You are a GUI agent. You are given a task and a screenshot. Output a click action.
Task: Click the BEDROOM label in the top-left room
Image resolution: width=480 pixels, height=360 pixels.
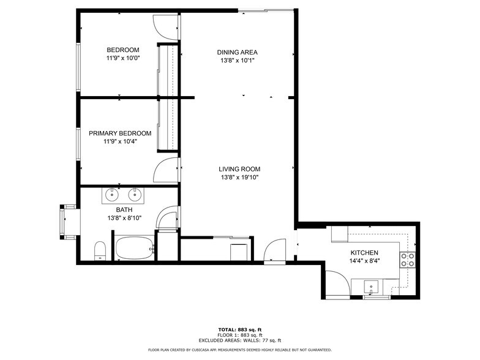coord(122,50)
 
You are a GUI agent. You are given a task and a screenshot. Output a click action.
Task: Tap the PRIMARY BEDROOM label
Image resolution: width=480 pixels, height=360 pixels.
coord(119,133)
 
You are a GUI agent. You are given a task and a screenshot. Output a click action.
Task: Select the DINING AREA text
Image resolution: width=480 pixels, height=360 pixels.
coord(237,52)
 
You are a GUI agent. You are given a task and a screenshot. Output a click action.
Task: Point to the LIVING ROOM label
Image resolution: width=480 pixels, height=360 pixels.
coord(239,170)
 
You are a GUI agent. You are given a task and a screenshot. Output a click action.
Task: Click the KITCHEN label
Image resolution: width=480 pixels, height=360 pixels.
coord(364,253)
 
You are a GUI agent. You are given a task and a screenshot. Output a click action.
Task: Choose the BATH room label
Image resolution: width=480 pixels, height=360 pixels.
coord(116,209)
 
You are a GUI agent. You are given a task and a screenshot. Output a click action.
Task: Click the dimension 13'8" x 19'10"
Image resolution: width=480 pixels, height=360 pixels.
coord(239,178)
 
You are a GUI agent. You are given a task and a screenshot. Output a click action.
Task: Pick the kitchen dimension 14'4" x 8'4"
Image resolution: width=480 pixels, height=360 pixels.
coord(364,261)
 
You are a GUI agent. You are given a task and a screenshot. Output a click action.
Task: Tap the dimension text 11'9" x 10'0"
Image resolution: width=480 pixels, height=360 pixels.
coord(122,59)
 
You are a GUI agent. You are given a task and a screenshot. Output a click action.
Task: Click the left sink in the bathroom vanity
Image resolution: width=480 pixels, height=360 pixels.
coord(112,195)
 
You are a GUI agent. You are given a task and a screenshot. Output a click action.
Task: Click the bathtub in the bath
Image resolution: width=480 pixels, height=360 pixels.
coord(134,249)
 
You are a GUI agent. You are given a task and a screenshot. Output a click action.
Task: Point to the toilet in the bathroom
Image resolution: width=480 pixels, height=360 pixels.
coord(100,250)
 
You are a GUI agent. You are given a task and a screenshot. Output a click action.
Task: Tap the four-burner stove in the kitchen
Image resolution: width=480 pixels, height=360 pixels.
coord(408,260)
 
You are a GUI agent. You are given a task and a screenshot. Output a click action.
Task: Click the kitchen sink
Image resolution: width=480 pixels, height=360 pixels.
coord(372,287)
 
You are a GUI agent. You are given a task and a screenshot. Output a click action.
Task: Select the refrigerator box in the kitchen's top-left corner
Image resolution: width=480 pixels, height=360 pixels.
coord(340,234)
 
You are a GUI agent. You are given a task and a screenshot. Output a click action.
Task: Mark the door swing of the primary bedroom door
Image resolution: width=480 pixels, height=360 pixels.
coord(167,170)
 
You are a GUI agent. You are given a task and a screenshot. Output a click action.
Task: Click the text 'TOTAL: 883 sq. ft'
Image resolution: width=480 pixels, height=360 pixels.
coord(239,329)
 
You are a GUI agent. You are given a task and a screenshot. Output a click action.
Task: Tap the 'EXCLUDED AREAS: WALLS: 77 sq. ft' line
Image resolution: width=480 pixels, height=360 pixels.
coord(239,340)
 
